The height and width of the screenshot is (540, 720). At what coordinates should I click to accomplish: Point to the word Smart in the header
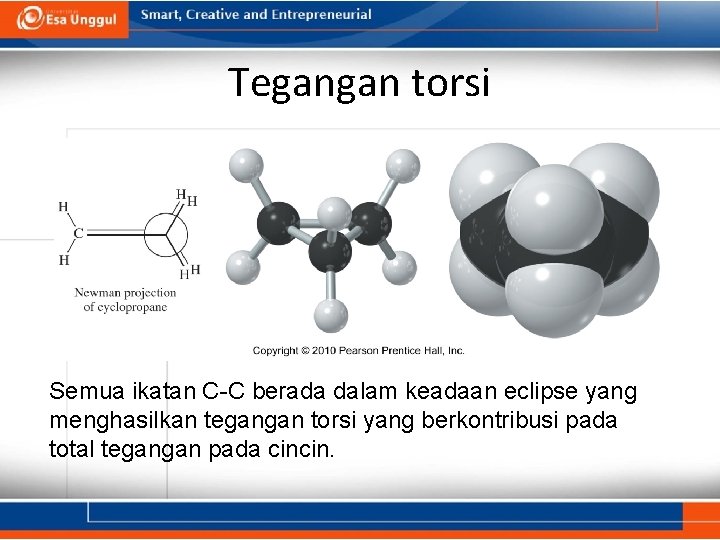161,15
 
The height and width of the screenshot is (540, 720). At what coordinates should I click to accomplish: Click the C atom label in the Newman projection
79,233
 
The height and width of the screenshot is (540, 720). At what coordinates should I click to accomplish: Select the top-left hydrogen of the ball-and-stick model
245,164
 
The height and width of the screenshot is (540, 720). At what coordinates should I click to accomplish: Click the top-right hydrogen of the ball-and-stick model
402,164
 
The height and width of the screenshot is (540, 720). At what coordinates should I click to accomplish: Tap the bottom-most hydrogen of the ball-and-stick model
330,316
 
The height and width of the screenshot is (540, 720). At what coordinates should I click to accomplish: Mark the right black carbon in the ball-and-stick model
371,222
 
